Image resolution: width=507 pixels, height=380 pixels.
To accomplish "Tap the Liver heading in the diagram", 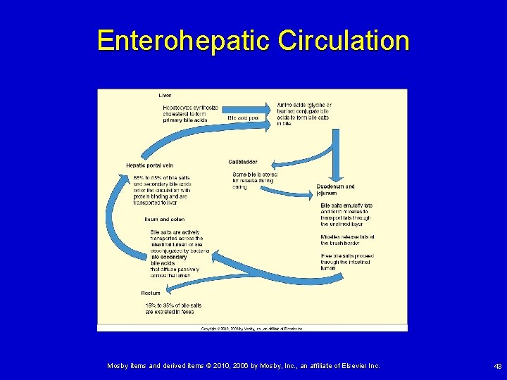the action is (x=165, y=95).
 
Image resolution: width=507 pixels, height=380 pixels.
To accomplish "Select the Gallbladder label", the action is (x=243, y=163).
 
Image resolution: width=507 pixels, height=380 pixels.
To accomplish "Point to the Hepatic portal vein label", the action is (x=149, y=165).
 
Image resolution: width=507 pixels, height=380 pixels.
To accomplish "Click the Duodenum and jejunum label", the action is (x=335, y=189).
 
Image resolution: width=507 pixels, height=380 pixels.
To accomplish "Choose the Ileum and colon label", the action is (x=164, y=219).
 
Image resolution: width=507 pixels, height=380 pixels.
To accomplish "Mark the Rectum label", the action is (x=151, y=293).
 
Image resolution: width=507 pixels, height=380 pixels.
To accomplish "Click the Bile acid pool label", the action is (x=243, y=118).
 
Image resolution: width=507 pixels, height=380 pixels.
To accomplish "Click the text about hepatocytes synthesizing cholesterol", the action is (x=190, y=114).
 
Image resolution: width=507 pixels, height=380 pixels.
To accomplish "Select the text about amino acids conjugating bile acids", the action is (x=303, y=114).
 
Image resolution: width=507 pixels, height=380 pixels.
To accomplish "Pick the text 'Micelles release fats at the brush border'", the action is (x=347, y=241).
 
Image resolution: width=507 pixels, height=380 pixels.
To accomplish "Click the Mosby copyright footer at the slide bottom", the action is (x=243, y=366).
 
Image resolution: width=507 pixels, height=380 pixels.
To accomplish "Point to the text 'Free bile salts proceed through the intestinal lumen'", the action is (x=347, y=262).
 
